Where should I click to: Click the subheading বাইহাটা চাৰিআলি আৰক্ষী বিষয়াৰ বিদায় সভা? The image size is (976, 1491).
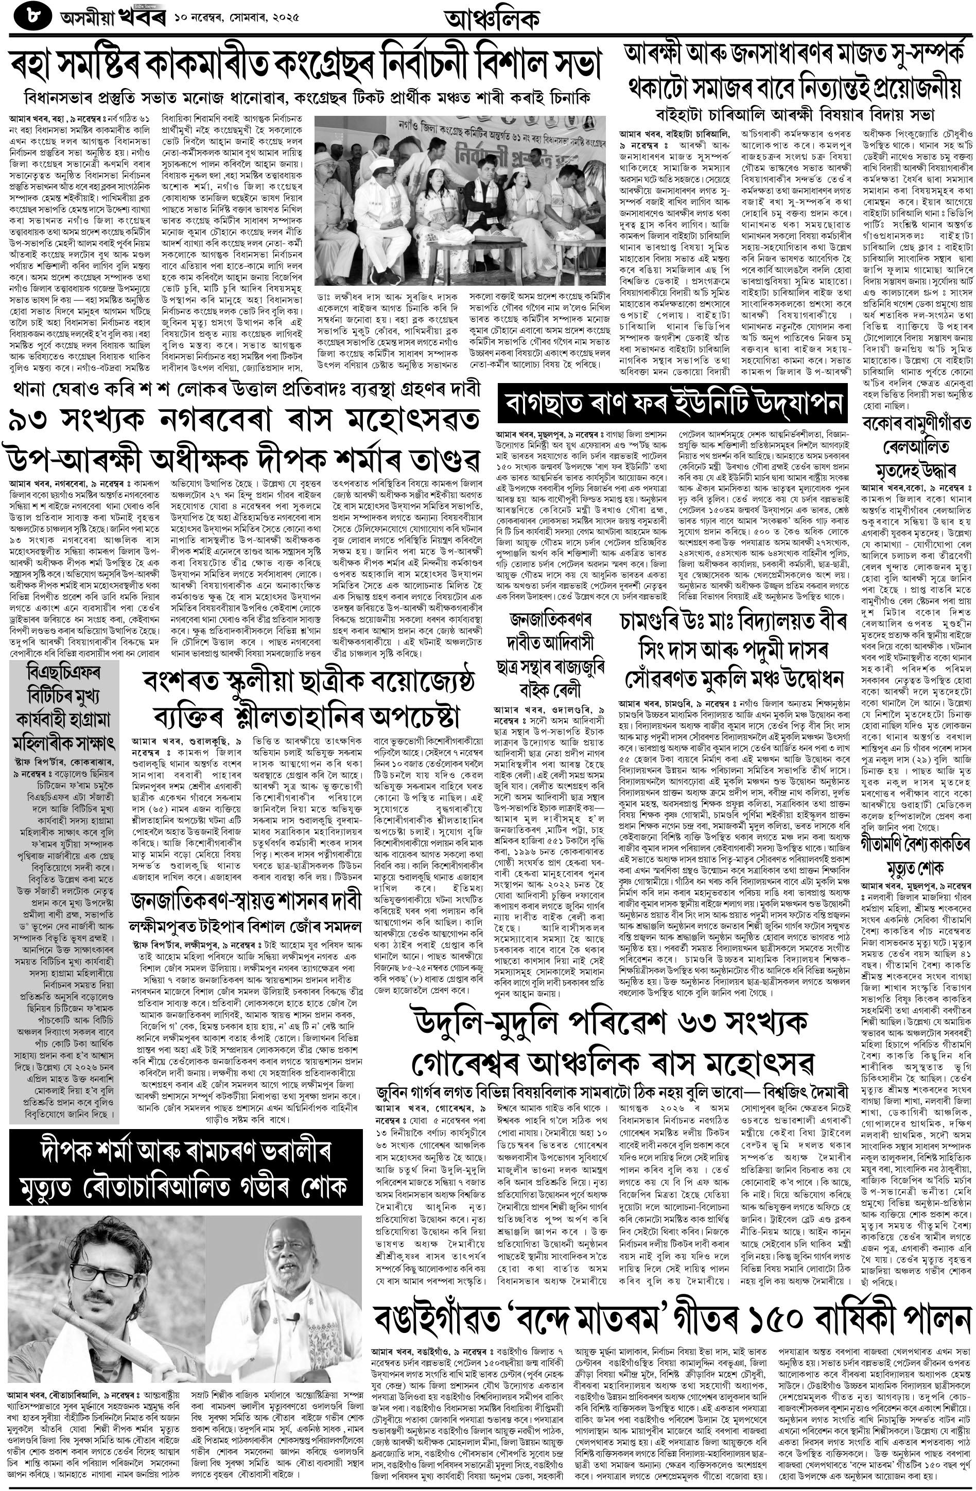click(x=795, y=115)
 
